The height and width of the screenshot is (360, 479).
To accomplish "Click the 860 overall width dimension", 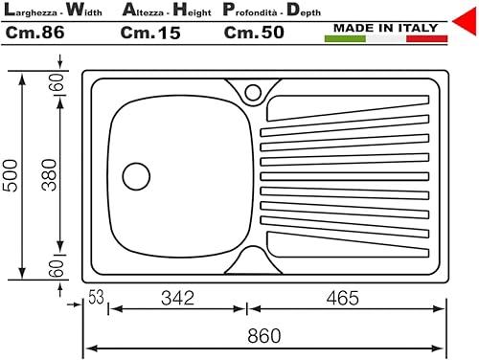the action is [x=264, y=335].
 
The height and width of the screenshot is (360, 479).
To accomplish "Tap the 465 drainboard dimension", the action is [x=343, y=298].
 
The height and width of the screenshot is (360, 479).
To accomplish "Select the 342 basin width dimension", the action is [x=177, y=298].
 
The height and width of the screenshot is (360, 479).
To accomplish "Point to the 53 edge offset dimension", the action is [x=96, y=297].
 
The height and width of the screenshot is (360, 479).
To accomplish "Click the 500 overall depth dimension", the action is [x=11, y=175].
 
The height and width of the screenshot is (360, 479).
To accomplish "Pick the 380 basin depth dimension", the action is [x=49, y=175].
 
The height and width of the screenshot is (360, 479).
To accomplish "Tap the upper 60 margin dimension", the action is [x=57, y=82].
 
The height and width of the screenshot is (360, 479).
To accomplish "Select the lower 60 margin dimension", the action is [x=57, y=268].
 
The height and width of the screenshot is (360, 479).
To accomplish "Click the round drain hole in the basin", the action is [x=136, y=176].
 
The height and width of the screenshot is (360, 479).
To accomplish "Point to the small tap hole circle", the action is [x=253, y=93].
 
